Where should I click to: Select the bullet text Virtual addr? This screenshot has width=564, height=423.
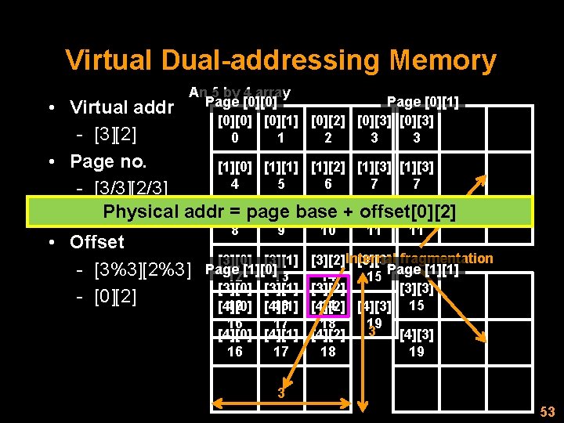[x=121, y=107]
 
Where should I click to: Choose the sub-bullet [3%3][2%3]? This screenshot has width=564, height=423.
[x=143, y=271]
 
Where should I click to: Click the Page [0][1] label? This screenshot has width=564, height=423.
[x=423, y=102]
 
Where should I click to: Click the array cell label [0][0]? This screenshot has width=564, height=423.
[x=235, y=121]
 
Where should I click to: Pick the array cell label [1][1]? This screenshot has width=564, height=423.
[x=281, y=167]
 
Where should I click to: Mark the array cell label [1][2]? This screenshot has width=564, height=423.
[x=327, y=167]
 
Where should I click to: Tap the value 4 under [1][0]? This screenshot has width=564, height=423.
[x=235, y=183]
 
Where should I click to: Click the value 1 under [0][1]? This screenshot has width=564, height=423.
[x=281, y=138]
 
